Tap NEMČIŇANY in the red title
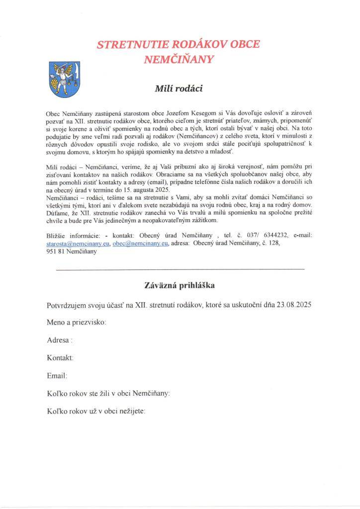click(179, 60)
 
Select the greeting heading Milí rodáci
click(179, 89)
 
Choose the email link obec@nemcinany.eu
click(140, 244)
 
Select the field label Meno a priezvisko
click(77, 322)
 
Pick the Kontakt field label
click(60, 358)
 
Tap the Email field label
click(57, 376)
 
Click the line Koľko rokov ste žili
click(108, 393)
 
